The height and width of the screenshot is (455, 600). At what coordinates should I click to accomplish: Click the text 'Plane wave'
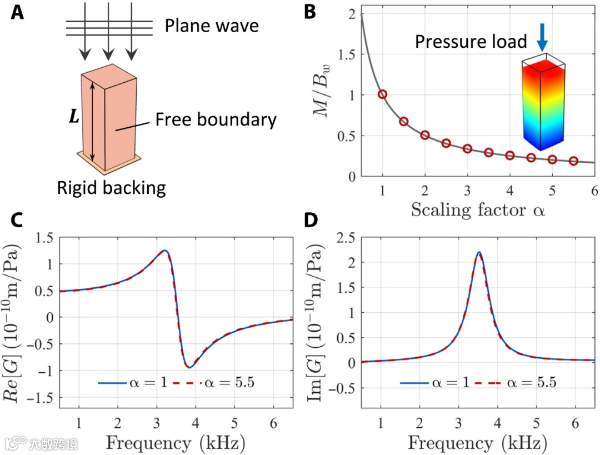pos(212,26)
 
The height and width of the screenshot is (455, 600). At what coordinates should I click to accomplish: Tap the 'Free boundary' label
pos(216,119)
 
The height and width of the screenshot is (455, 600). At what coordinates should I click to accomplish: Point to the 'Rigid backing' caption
pos(111,188)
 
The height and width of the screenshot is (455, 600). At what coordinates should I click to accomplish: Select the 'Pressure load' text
pos(471,42)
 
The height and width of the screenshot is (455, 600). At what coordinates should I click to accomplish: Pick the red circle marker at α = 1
pos(382,94)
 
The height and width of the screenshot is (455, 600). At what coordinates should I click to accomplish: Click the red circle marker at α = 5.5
pos(573,161)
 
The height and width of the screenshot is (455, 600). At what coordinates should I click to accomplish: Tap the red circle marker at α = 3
pos(467,149)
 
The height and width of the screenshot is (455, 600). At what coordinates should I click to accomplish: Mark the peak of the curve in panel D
pos(479,252)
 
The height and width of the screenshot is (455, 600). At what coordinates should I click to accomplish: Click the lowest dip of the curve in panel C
pos(189,367)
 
